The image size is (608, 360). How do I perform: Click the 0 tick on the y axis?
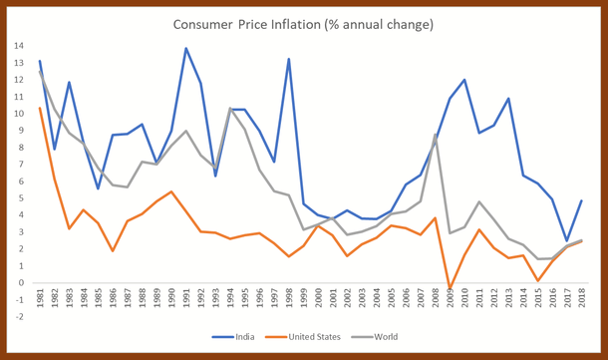[x=21, y=283]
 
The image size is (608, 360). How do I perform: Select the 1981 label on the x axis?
[x=40, y=301]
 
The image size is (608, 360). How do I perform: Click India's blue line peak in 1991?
[x=186, y=48]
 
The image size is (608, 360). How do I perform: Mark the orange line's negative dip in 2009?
[x=451, y=289]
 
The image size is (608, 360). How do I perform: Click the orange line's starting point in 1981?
[x=40, y=108]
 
